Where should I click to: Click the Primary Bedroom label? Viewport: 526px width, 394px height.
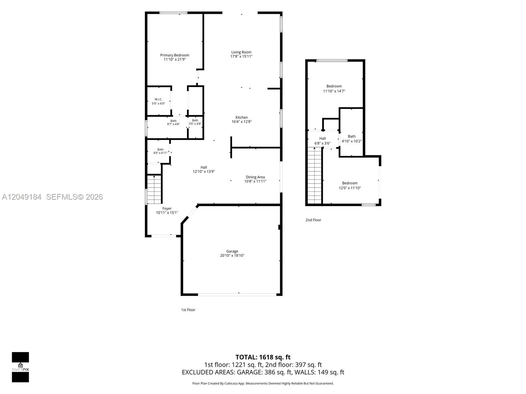[x=175, y=55]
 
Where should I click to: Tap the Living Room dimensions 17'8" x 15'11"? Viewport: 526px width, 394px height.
[x=241, y=56]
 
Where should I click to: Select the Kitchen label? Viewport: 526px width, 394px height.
[x=241, y=118]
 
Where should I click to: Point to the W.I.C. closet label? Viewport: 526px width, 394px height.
[x=158, y=99]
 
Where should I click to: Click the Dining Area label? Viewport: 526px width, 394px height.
[x=255, y=177]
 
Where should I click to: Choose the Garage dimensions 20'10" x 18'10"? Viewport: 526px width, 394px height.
[x=232, y=255]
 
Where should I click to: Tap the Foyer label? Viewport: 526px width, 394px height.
[x=167, y=208]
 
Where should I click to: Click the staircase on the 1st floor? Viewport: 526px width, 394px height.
[x=154, y=189]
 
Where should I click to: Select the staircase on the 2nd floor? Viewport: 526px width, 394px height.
[x=314, y=176]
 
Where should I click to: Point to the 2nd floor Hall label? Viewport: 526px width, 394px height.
[x=322, y=139]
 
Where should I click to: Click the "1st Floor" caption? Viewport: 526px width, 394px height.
[x=188, y=310]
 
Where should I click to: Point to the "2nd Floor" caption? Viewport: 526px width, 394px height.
[x=313, y=220]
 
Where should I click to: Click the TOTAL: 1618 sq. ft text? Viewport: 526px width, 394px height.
[x=263, y=357]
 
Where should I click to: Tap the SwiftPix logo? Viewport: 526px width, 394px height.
[x=20, y=367]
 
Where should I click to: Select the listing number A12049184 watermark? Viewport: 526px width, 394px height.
[x=22, y=197]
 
